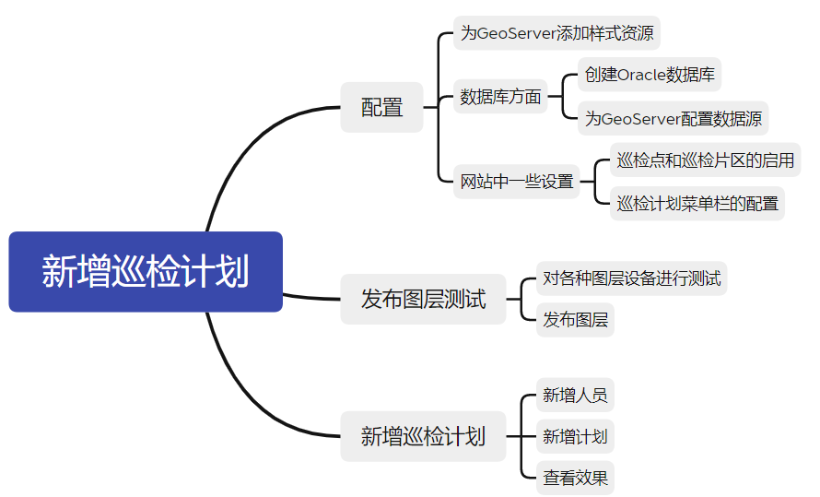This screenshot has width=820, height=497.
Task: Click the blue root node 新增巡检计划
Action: [146, 272]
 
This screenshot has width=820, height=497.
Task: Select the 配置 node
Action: [381, 107]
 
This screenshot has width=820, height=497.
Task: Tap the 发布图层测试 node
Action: [423, 299]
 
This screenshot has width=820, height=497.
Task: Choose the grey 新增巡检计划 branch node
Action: [423, 436]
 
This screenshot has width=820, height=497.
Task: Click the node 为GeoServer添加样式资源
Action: [557, 34]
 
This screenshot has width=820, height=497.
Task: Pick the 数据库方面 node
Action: [500, 97]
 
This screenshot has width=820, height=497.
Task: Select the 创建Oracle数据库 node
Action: [650, 75]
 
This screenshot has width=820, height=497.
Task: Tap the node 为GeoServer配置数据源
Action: [674, 118]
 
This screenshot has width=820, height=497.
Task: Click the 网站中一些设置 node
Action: [517, 182]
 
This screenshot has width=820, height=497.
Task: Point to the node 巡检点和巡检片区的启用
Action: [705, 160]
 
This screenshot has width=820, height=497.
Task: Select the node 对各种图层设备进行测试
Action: [631, 278]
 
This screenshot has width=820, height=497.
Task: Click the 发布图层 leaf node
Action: [575, 320]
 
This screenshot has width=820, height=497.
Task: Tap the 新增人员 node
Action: [575, 396]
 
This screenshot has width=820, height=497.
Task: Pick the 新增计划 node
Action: [575, 436]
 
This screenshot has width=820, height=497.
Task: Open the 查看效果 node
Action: [575, 478]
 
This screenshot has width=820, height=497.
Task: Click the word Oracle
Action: [645, 75]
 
